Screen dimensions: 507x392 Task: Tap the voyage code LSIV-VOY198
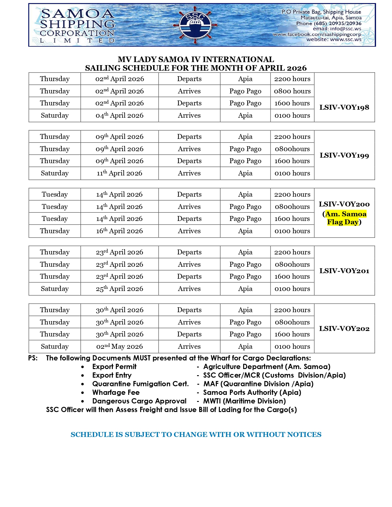[344, 107]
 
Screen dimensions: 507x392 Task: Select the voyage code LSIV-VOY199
[344, 155]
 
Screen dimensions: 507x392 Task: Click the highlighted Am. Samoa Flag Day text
[346, 218]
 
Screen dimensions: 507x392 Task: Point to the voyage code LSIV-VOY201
[344, 271]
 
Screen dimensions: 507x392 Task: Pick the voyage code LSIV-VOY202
[344, 328]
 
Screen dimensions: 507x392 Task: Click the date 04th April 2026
[119, 116]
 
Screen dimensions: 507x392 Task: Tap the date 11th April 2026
[119, 173]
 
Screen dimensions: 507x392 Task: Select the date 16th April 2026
[119, 231]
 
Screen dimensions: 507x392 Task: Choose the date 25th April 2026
[119, 289]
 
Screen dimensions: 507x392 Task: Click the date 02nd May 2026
[119, 347]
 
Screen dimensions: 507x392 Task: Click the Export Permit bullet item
[114, 367]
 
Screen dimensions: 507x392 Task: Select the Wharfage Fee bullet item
[116, 392]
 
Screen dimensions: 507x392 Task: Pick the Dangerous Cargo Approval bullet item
[139, 401]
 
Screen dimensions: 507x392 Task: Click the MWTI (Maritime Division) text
[244, 401]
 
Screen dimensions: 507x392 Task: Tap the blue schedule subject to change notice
[196, 434]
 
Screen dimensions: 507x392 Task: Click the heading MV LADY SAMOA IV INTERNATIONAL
[196, 59]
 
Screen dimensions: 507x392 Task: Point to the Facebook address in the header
[317, 34]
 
